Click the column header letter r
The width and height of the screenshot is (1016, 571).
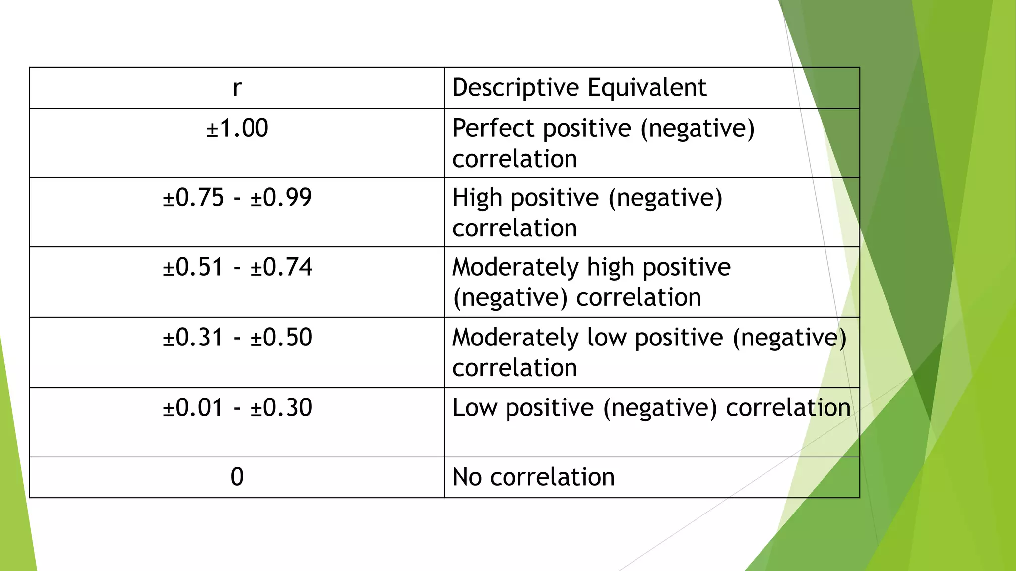[x=237, y=88]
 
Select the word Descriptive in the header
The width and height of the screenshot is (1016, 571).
[x=516, y=88]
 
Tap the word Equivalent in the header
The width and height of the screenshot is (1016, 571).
[x=647, y=88]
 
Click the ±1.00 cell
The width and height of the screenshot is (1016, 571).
[x=237, y=128]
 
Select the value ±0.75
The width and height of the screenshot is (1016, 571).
[x=193, y=198]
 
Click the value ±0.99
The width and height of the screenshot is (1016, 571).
[x=281, y=198]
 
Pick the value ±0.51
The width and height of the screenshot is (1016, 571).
[x=193, y=267]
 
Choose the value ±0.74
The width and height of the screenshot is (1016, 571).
[x=281, y=267]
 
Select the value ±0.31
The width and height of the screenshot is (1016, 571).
[x=193, y=338]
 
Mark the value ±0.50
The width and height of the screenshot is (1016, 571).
[x=281, y=338]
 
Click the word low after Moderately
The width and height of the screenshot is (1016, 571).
[x=606, y=338]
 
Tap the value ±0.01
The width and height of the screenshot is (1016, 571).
[x=193, y=408]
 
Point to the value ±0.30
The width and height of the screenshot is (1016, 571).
[x=281, y=408]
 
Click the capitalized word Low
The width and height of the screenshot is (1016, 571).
[x=475, y=408]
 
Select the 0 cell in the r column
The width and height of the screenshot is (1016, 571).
[x=237, y=477]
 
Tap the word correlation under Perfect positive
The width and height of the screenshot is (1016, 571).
[x=515, y=159]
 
